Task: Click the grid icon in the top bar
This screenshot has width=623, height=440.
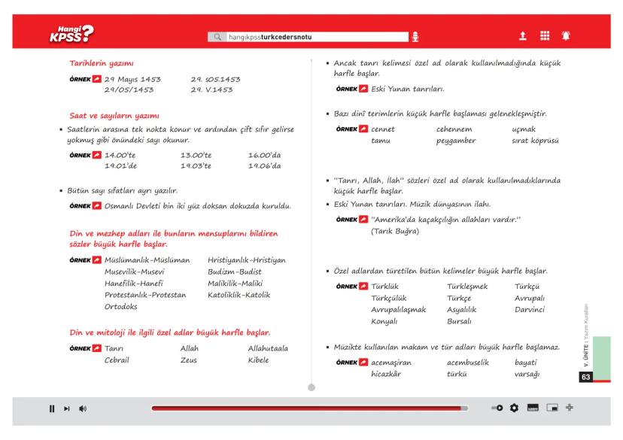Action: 542,35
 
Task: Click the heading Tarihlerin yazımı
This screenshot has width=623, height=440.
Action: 101,65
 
